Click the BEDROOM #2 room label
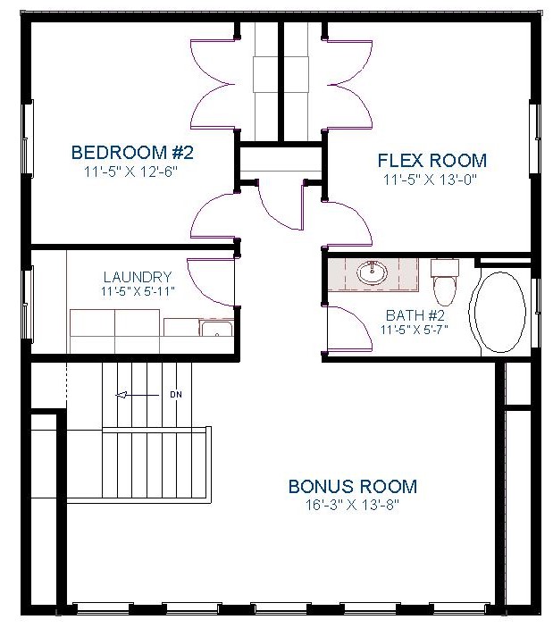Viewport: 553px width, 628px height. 132,153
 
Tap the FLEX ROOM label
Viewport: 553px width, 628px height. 432,161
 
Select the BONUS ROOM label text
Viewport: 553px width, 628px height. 353,487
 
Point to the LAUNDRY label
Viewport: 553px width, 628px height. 138,277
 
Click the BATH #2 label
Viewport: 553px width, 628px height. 415,315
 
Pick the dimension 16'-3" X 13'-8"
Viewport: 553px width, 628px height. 353,505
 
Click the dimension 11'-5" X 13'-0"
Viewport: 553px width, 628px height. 431,180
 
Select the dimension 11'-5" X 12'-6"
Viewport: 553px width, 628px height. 130,172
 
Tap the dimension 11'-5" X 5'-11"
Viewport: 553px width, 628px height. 138,291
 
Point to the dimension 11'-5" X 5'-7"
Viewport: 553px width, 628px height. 415,330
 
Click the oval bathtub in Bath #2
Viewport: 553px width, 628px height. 502,313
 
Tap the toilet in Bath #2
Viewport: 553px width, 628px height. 445,282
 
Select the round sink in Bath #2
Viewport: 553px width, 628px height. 373,272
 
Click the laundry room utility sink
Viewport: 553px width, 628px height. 216,329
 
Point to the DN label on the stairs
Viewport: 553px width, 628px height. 176,395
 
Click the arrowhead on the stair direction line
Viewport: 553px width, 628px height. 121,396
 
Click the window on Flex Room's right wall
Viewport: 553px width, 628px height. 535,138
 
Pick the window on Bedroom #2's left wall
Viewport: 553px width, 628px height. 27,138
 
